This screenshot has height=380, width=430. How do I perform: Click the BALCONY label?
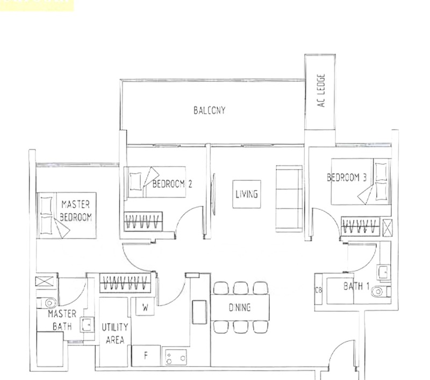[x=209, y=111]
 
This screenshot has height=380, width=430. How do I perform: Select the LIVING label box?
[x=246, y=194]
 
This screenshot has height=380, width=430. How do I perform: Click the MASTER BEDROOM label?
[x=76, y=211]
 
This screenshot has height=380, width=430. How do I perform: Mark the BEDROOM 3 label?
[x=347, y=178]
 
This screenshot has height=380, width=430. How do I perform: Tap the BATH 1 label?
[x=356, y=287]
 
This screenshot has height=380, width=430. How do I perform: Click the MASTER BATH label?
[x=62, y=320]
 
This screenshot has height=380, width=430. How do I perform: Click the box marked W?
[x=145, y=307]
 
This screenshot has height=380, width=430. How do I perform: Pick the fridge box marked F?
[x=145, y=355]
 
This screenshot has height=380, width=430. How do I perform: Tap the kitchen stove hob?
[x=175, y=356]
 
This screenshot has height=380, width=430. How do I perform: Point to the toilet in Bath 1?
[x=381, y=291]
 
